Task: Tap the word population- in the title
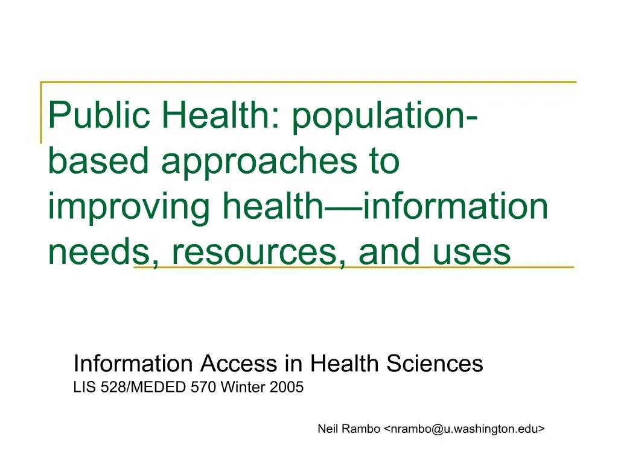[x=386, y=117]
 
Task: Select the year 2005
[x=287, y=388]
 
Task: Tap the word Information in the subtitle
[x=132, y=364]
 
